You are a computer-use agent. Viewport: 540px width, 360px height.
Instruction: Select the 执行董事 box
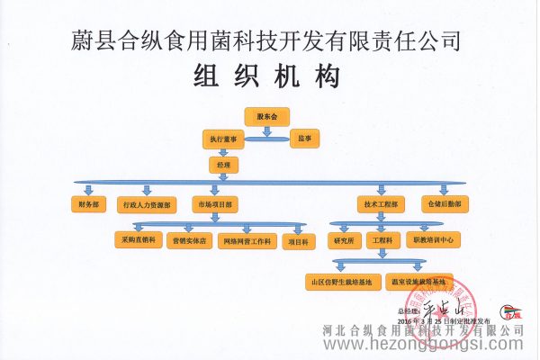click(223, 139)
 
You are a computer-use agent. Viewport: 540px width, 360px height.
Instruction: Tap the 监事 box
click(306, 139)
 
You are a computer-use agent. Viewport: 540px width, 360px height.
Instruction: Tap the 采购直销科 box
click(136, 241)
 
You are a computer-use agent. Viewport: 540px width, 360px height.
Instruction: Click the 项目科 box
click(297, 241)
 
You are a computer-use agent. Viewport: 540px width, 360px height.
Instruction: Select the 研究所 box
click(345, 241)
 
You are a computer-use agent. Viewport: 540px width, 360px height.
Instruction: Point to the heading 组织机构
click(267, 77)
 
